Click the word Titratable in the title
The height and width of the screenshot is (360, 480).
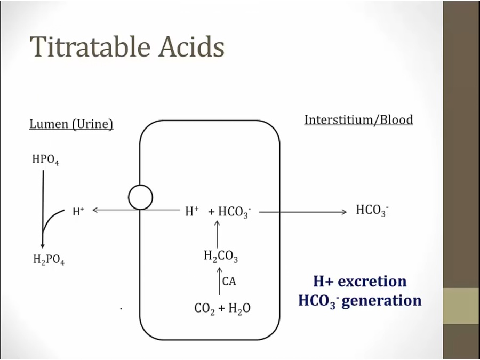click(x=90, y=47)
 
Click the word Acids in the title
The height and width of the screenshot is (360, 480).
click(x=191, y=47)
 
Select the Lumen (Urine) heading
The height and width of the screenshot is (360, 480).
click(x=71, y=124)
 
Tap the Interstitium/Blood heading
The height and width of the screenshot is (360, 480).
click(x=358, y=119)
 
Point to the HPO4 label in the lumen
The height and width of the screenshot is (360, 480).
click(x=46, y=160)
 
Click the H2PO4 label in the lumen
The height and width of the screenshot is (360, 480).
click(x=49, y=260)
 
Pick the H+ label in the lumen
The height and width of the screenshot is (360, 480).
click(x=78, y=211)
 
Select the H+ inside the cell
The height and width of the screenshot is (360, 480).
click(x=192, y=211)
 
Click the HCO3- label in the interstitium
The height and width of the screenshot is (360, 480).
click(x=372, y=211)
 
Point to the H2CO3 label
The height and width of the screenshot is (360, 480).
click(x=221, y=257)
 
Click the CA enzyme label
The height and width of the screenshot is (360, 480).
click(x=229, y=281)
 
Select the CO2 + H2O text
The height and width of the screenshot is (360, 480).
click(x=222, y=308)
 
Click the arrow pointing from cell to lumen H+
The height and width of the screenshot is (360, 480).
click(x=136, y=210)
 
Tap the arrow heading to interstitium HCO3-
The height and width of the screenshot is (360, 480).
click(x=303, y=212)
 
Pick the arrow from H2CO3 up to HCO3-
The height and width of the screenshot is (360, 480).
click(x=217, y=234)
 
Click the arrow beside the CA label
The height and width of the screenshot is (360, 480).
click(x=219, y=281)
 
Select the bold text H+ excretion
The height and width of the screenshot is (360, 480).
click(x=360, y=281)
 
